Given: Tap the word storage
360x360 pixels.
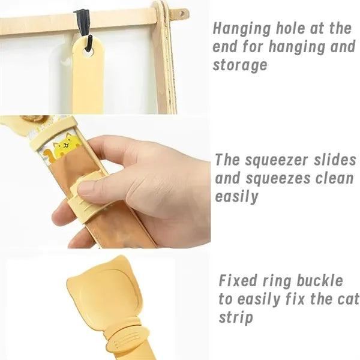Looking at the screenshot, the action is (x=240, y=65).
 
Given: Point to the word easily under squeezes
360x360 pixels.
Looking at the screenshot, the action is (x=236, y=197).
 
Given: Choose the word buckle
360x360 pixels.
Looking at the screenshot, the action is (x=320, y=280).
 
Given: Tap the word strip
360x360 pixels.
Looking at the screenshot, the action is (x=236, y=318).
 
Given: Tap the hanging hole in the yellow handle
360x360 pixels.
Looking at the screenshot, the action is (x=88, y=54).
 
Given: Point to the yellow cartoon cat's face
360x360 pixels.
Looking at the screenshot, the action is (x=66, y=145).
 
